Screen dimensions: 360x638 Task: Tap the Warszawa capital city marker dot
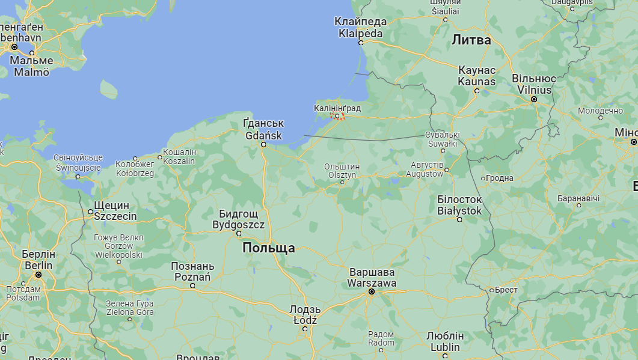[x=372, y=291]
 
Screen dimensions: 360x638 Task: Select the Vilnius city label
[x=533, y=84]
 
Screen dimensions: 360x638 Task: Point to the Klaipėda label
[x=361, y=28]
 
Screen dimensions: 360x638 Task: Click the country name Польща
[x=269, y=248]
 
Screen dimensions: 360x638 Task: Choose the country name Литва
[x=471, y=40]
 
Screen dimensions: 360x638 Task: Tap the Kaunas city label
[x=477, y=76]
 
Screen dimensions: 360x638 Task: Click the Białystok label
[x=459, y=205]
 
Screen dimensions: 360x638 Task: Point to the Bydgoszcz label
[x=239, y=219]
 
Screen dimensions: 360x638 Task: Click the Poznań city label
[x=192, y=272]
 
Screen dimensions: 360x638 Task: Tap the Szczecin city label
[x=115, y=211]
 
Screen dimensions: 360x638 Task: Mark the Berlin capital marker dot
[x=38, y=275]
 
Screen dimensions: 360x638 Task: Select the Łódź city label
[x=305, y=315]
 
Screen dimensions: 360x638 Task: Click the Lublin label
[x=445, y=341]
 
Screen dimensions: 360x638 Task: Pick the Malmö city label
[x=32, y=67]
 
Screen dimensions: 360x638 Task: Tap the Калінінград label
[x=337, y=108]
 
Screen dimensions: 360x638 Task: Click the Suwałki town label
[x=443, y=139]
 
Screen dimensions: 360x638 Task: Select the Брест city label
[x=506, y=290]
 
